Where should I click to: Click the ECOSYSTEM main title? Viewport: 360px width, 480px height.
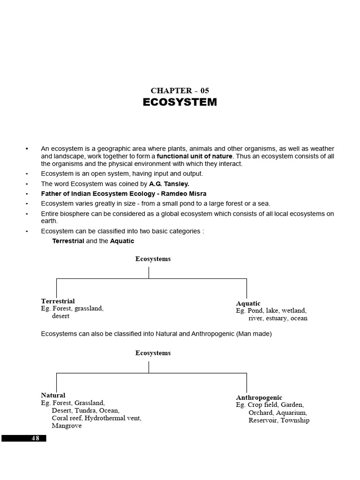tap(180, 102)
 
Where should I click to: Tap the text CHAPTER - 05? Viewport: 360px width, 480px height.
tap(180, 90)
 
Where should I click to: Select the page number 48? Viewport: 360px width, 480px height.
tap(36, 438)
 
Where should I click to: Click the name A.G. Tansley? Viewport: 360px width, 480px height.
tap(169, 184)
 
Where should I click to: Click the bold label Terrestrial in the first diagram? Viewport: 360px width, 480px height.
tap(58, 301)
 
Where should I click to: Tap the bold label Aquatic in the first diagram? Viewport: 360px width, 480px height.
tap(248, 303)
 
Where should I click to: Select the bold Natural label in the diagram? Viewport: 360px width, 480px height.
tap(53, 395)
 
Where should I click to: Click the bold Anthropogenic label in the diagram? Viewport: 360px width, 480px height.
tap(259, 397)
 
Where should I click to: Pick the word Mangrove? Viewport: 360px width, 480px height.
tap(67, 426)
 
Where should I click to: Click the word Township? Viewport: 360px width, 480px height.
tap(295, 420)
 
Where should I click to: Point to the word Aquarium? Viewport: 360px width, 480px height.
tap(291, 413)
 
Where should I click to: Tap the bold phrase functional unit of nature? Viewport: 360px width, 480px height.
tap(195, 156)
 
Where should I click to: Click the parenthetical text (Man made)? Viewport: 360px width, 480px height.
tap(254, 334)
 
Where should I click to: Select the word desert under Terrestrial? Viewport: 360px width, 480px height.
tap(60, 316)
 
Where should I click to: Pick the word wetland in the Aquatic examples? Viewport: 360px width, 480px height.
tap(293, 311)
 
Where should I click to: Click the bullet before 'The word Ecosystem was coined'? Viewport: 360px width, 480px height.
tap(27, 184)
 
